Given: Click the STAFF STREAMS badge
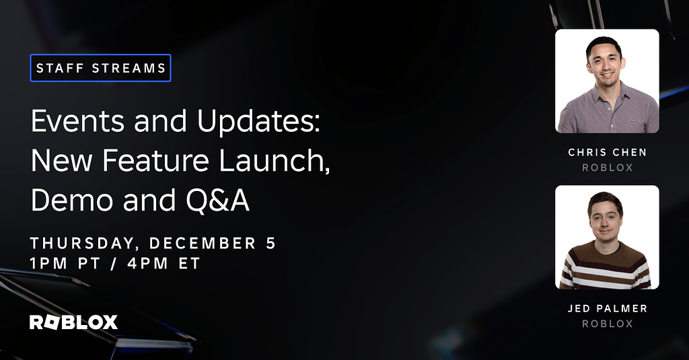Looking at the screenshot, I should pos(100,68).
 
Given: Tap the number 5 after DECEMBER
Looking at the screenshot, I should pos(270,244).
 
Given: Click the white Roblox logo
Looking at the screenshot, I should pos(73,322).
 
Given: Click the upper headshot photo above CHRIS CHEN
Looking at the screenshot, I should pos(607,81).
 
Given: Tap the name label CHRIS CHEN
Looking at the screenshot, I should pos(607,153).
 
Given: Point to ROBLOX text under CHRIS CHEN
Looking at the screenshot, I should pos(607,168).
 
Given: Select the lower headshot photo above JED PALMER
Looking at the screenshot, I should pos(607,238).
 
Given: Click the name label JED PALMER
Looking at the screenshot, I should pos(607,309).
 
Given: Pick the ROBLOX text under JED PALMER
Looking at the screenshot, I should pos(607,324).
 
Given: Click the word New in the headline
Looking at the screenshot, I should pos(57,161).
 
